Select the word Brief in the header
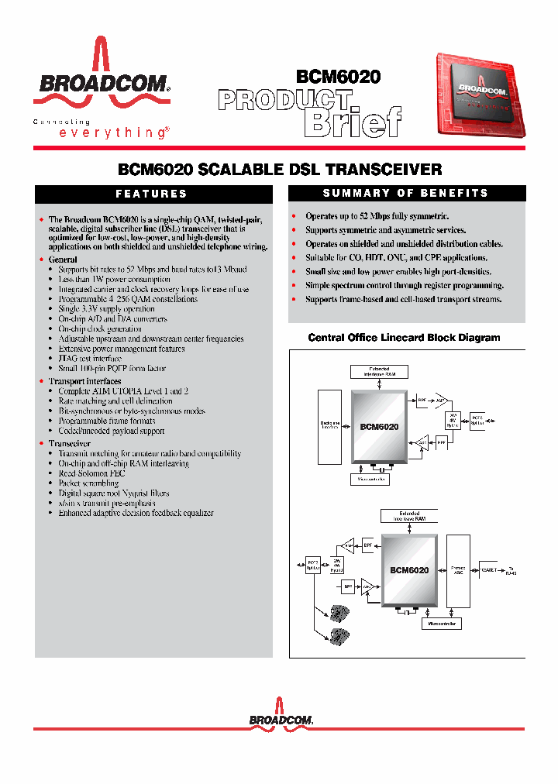coord(353,122)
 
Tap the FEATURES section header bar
coord(152,194)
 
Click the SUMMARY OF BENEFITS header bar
coord(405,193)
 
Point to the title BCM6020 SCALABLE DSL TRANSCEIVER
coord(279,169)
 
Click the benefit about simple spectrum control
coord(394,285)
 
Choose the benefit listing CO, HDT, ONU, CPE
coord(385,257)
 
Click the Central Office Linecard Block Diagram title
coord(404,338)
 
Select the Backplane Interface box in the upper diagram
coord(330,425)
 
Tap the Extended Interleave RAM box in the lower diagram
coord(409,516)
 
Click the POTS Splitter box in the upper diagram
coord(477,422)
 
